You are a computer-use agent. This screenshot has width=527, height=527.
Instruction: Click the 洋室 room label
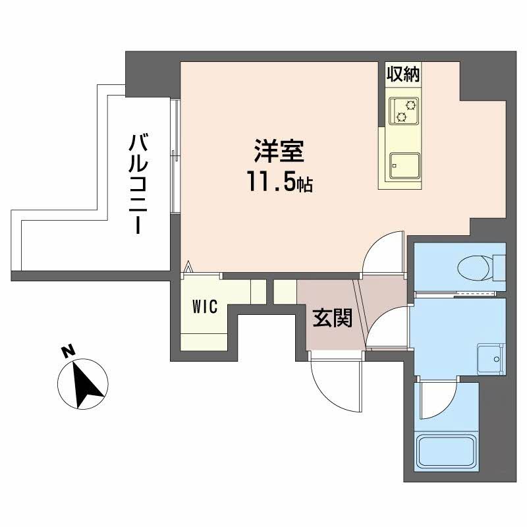(x=279, y=152)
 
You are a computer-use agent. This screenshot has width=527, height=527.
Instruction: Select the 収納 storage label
(x=403, y=74)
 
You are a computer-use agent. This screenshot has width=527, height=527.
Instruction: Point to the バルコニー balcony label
(x=138, y=184)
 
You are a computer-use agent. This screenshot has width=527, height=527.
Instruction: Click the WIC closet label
(x=205, y=306)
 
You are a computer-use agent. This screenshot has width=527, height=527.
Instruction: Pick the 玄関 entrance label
(x=333, y=318)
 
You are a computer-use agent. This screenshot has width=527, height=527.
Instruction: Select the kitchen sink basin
(x=404, y=166)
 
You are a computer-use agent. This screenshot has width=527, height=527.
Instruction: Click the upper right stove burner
(x=410, y=105)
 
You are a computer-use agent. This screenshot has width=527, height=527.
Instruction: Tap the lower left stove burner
(x=401, y=117)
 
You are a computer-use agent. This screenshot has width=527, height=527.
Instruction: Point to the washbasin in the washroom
(x=490, y=358)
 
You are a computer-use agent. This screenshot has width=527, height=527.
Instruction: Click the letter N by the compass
(x=69, y=352)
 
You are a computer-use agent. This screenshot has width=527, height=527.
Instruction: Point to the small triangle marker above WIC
(x=188, y=267)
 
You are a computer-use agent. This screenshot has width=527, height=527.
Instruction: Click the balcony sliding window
(x=175, y=155)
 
